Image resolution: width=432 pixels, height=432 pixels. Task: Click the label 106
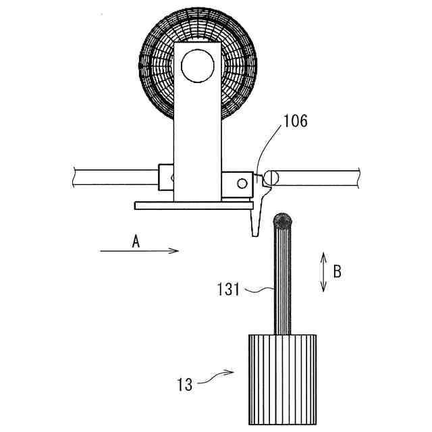click(x=295, y=122)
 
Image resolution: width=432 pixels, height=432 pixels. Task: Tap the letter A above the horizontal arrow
click(x=136, y=242)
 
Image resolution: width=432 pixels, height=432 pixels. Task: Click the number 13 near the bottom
click(x=184, y=385)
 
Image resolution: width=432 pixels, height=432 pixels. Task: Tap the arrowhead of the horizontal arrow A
click(x=174, y=250)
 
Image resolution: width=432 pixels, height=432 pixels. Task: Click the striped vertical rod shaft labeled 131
click(x=283, y=283)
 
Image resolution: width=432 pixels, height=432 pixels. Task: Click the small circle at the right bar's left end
click(x=271, y=177)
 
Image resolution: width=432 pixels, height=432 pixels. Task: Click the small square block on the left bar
click(x=166, y=178)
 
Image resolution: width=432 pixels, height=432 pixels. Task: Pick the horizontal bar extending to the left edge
click(x=115, y=177)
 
